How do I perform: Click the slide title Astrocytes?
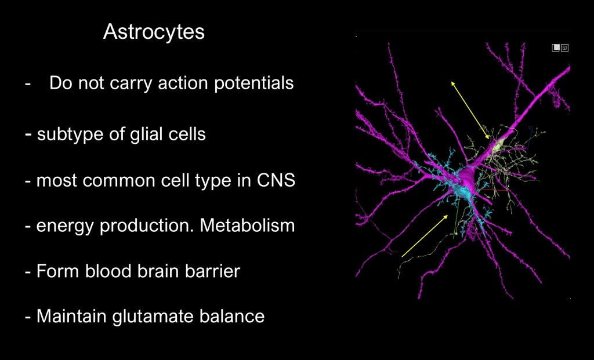[154, 31]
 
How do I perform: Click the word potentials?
[254, 83]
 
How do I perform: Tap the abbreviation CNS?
[276, 180]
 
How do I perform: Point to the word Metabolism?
[247, 226]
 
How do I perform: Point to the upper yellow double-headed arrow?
[470, 110]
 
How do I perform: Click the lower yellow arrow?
[425, 236]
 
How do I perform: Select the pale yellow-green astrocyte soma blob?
[498, 146]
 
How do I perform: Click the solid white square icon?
[556, 48]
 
